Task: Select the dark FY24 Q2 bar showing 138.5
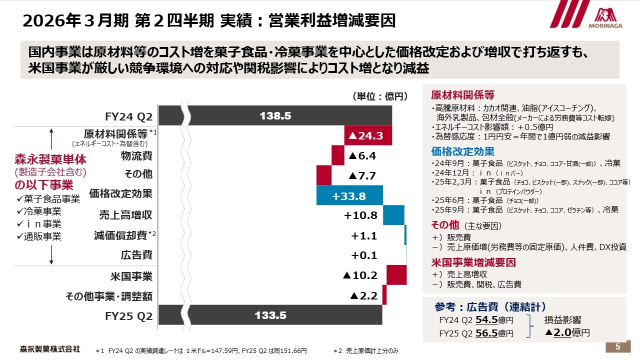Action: click(x=275, y=115)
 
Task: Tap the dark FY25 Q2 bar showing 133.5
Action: click(x=270, y=315)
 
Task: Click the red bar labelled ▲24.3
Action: click(x=368, y=135)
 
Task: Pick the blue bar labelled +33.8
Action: click(x=349, y=195)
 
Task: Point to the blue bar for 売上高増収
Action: click(x=393, y=215)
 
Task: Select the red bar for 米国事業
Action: click(x=396, y=275)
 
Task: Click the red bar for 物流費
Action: click(x=338, y=155)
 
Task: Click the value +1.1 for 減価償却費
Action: click(x=364, y=235)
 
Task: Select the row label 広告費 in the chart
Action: click(x=136, y=255)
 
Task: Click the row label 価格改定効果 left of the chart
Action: click(x=120, y=193)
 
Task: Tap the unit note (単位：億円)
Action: click(x=380, y=96)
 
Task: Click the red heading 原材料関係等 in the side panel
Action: click(x=462, y=95)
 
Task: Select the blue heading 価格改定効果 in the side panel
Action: click(x=462, y=151)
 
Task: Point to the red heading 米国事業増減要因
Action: click(x=473, y=262)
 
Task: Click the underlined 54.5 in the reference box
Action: click(x=486, y=320)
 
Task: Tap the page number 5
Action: click(x=617, y=347)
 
